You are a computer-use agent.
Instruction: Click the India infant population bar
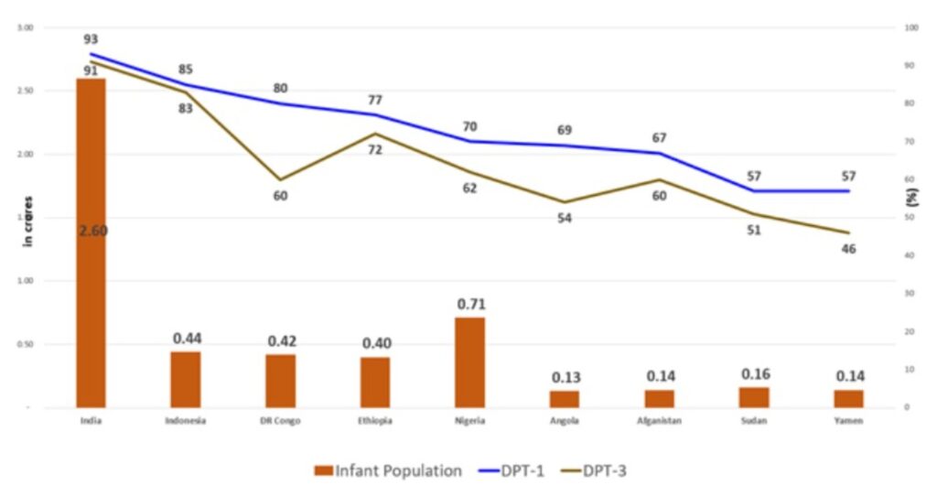coord(91,243)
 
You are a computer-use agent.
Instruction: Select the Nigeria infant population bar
coord(469,361)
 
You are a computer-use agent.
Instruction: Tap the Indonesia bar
coord(186,379)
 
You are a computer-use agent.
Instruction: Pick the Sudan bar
coord(753,396)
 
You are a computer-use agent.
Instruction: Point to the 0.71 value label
coord(469,305)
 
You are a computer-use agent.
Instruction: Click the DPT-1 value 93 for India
coord(91,39)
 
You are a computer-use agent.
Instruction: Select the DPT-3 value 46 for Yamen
coord(848,249)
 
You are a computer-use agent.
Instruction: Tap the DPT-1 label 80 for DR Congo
coord(280,89)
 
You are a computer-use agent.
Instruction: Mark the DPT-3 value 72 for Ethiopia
coord(375,149)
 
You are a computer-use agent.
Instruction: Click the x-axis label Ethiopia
coord(375,421)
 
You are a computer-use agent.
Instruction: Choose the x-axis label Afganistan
coord(659,421)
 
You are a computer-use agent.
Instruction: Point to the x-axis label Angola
coord(565,421)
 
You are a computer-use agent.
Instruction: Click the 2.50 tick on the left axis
coord(25,91)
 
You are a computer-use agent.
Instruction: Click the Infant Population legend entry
coord(388,471)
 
